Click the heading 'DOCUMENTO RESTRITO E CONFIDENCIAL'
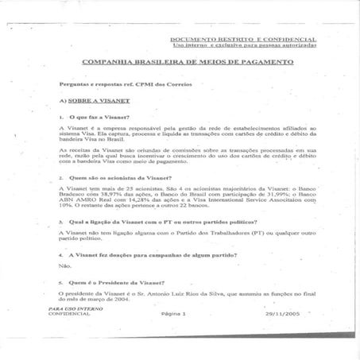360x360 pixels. tap(243, 39)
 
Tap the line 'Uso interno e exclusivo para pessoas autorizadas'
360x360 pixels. tap(244, 45)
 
